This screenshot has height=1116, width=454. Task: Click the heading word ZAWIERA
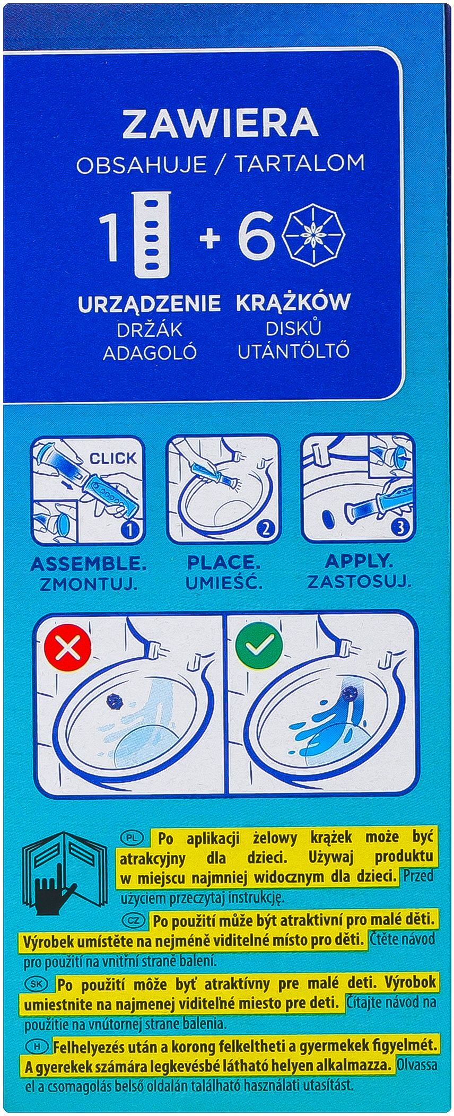click(x=220, y=123)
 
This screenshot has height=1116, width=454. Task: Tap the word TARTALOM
click(x=300, y=164)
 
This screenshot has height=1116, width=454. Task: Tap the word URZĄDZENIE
click(x=149, y=303)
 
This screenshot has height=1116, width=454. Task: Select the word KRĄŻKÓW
click(x=293, y=302)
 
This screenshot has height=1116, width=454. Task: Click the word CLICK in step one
click(x=112, y=458)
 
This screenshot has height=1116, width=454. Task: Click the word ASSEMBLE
click(x=89, y=563)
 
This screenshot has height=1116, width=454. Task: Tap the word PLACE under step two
click(x=223, y=562)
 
